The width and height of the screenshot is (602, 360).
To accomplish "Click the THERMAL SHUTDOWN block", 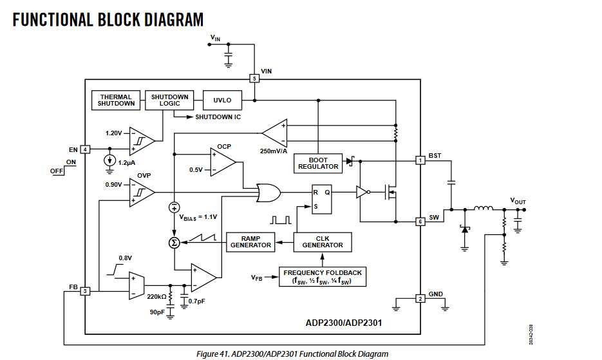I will coord(117,100).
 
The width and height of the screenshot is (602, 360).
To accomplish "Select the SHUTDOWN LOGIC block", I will coord(169,100).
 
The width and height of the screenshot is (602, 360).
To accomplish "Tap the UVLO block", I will coord(222,100).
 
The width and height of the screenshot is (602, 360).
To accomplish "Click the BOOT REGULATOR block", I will coord(318,163).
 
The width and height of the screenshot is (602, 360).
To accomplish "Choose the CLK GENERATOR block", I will coord(323,242).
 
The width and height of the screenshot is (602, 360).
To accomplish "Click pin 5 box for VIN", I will coord(254,79).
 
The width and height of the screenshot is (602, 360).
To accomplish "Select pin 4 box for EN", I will coord(85,149).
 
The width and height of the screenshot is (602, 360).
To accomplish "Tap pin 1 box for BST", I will coord(420,160).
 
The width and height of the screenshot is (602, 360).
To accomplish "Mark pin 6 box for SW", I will coord(420,222).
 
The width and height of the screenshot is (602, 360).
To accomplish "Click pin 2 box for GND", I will coord(420,298).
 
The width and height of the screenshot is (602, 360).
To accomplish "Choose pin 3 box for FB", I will coord(85,291).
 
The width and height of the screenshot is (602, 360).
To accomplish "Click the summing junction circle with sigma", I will coord(174,242).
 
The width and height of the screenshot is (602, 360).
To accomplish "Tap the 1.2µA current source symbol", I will coord(110,160).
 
